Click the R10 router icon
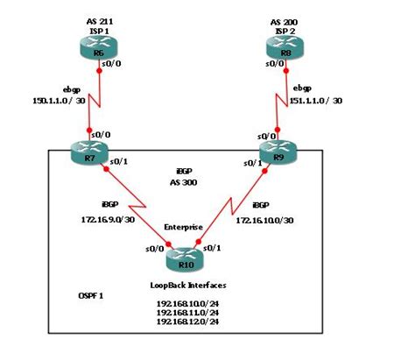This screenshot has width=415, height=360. tap(184, 258)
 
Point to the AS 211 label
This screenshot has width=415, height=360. tap(99, 18)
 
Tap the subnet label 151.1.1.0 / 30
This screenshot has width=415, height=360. tap(315, 101)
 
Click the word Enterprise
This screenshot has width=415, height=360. tap(184, 227)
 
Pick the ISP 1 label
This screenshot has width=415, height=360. tap(99, 29)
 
